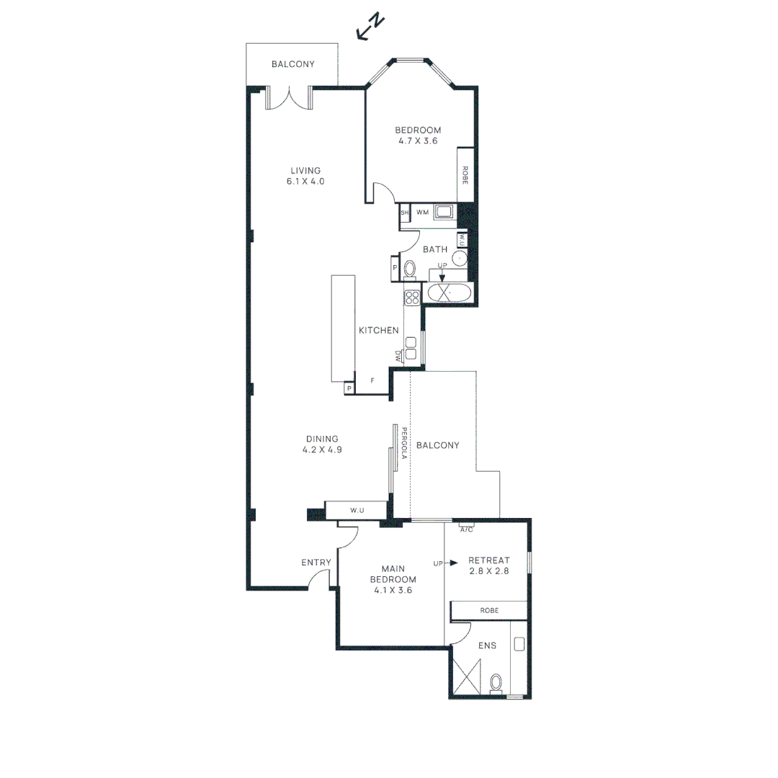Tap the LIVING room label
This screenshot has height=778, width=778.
(305, 171)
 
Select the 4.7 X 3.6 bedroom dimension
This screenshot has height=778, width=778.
(418, 141)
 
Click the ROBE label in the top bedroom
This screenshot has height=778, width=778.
(465, 175)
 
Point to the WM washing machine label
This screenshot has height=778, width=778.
(423, 213)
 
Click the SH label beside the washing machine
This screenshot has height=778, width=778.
(404, 213)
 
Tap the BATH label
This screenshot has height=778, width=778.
(435, 249)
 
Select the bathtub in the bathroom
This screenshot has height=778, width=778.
(449, 293)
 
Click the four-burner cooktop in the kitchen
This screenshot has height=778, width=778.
(412, 297)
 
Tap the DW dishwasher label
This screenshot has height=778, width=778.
(398, 355)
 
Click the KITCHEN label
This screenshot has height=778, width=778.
(379, 330)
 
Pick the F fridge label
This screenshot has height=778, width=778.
(372, 380)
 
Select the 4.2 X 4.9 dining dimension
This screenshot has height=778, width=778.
(321, 450)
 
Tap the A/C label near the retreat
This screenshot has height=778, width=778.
(467, 529)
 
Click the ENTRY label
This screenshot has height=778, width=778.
(316, 563)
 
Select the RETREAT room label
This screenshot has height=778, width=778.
(489, 560)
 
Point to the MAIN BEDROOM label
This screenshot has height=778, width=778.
(393, 573)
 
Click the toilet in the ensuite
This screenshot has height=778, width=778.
(496, 681)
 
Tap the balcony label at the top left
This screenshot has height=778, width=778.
(293, 64)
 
